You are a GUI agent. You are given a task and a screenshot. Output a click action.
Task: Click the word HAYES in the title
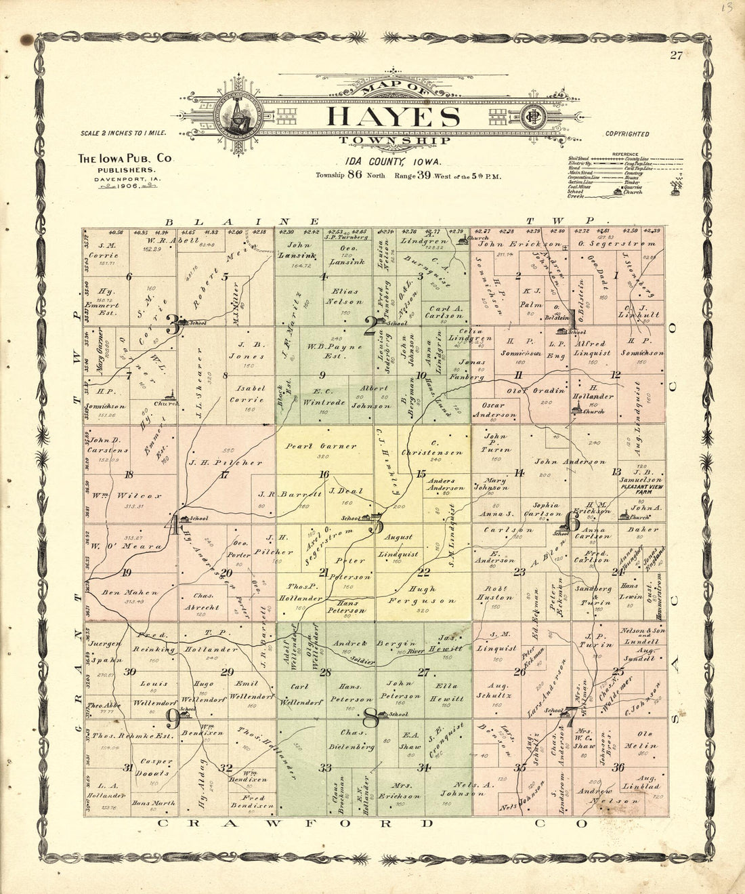coord(393,117)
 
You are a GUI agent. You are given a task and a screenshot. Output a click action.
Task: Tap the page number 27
coord(676,56)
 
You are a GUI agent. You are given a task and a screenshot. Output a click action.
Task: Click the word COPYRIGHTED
coord(627,134)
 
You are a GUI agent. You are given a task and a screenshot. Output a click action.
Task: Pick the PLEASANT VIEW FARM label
coord(641,487)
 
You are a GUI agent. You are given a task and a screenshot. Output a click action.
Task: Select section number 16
coord(324,474)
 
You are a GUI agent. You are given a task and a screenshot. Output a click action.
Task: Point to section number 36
coord(618,767)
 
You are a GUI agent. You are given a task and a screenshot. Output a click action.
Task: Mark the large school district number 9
coord(173,719)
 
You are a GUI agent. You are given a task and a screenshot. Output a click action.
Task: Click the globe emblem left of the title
coord(239,113)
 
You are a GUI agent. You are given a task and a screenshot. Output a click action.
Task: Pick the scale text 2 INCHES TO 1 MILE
coord(123,135)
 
